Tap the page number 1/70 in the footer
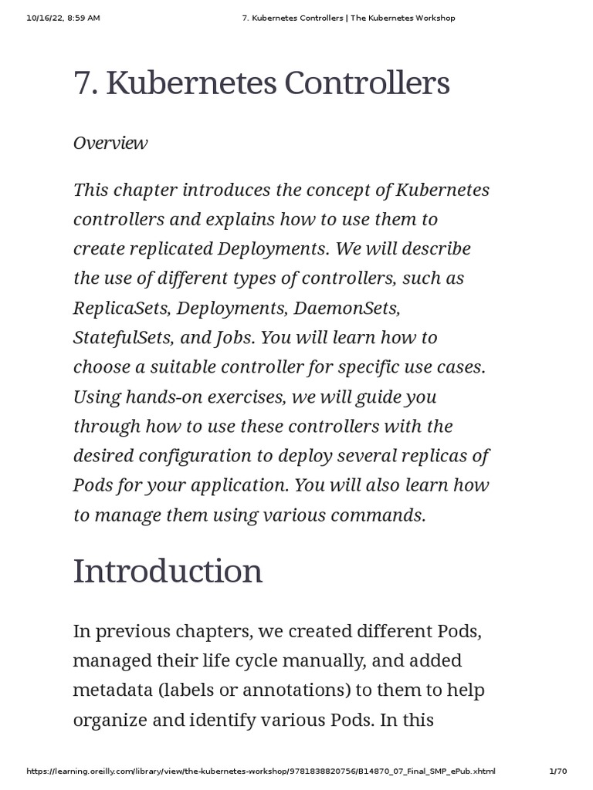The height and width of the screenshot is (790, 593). click(557, 771)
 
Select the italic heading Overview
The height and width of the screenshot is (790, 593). click(110, 143)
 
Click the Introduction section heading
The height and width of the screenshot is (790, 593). click(168, 572)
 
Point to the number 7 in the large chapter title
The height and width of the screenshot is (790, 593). click(82, 84)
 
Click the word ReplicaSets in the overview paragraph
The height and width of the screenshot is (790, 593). click(120, 308)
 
